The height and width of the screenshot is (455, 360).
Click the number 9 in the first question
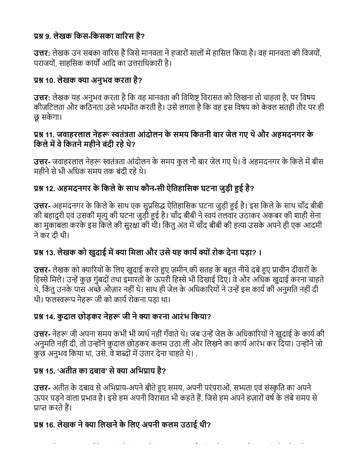click(x=47, y=36)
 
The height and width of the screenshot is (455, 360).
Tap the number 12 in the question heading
click(x=50, y=189)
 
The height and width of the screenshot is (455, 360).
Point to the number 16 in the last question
click(x=50, y=425)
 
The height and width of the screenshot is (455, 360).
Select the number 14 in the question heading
click(x=50, y=317)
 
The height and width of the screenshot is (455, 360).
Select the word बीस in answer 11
click(x=317, y=162)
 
